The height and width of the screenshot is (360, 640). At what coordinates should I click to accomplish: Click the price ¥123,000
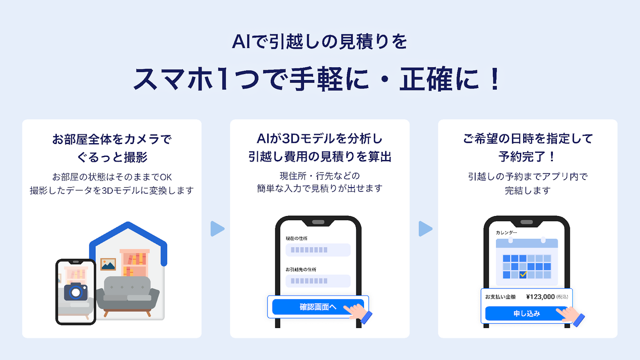pyautogui.click(x=540, y=297)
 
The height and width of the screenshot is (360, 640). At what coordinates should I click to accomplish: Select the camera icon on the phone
pyautogui.click(x=76, y=291)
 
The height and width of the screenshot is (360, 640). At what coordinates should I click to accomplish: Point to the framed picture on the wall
pyautogui.click(x=108, y=264)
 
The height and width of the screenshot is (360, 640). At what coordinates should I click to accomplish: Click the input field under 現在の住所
pyautogui.click(x=318, y=250)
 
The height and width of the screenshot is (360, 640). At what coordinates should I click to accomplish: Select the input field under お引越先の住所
pyautogui.click(x=318, y=281)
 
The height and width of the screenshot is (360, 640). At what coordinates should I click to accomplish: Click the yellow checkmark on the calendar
pyautogui.click(x=523, y=274)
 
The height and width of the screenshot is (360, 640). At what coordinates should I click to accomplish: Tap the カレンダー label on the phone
pyautogui.click(x=507, y=232)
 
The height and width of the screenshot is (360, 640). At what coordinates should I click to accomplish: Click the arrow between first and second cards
pyautogui.click(x=217, y=229)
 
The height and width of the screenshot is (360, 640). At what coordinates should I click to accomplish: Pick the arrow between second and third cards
pyautogui.click(x=425, y=229)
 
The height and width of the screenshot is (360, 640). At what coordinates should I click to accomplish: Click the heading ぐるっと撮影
pyautogui.click(x=112, y=157)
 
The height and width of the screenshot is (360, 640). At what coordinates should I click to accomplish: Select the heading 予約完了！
pyautogui.click(x=528, y=157)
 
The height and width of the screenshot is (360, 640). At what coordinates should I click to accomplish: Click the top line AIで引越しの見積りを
pyautogui.click(x=320, y=43)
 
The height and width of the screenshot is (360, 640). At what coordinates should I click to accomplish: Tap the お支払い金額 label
pyautogui.click(x=500, y=297)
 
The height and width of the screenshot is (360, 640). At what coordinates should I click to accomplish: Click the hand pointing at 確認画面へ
pyautogui.click(x=360, y=312)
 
